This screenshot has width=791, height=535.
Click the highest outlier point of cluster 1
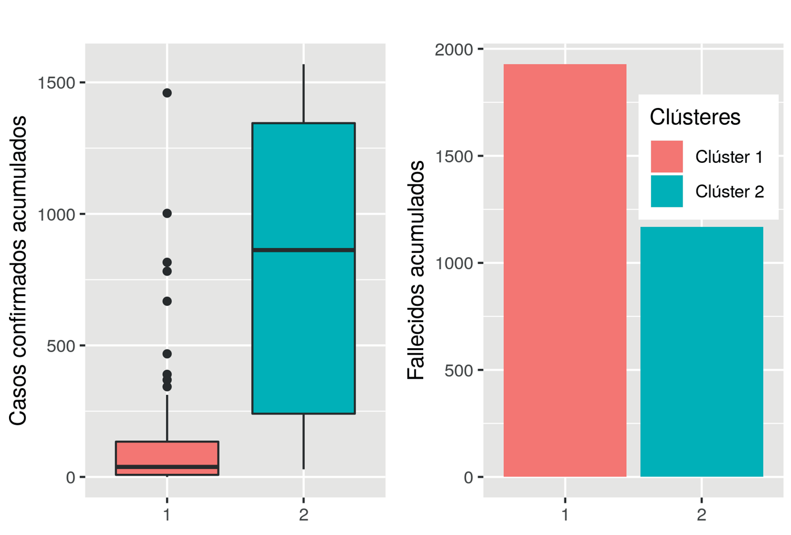pyautogui.click(x=167, y=93)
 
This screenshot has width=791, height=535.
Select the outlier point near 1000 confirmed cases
pyautogui.click(x=167, y=213)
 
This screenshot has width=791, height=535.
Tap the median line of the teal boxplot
pyautogui.click(x=303, y=249)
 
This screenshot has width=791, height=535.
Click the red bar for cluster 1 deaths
pyautogui.click(x=565, y=270)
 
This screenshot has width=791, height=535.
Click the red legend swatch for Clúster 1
pyautogui.click(x=667, y=156)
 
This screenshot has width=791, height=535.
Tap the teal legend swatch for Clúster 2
pyautogui.click(x=667, y=191)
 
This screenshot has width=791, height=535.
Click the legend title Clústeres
pyautogui.click(x=695, y=117)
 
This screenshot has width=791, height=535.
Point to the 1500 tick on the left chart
pyautogui.click(x=56, y=82)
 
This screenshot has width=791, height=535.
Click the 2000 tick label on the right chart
pyautogui.click(x=454, y=49)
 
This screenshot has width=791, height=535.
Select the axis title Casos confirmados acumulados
pyautogui.click(x=18, y=270)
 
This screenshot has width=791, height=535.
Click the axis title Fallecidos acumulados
pyautogui.click(x=416, y=270)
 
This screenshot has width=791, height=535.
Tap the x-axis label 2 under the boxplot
pyautogui.click(x=303, y=515)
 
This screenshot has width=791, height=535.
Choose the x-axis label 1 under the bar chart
pyautogui.click(x=565, y=515)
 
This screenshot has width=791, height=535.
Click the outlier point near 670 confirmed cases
pyautogui.click(x=167, y=301)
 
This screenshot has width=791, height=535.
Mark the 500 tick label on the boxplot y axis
pyautogui.click(x=60, y=346)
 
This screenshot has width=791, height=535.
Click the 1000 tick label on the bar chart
pyautogui.click(x=454, y=263)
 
